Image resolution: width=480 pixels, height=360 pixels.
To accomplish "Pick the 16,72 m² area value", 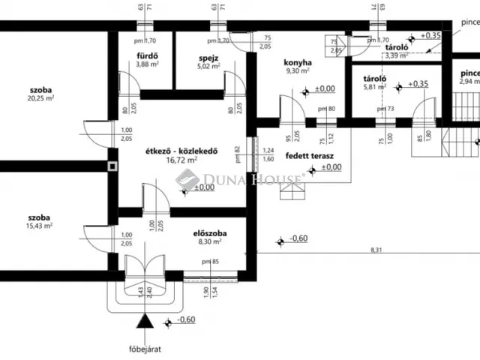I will [x=181, y=160].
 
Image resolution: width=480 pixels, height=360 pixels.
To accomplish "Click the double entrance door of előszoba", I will [x=145, y=269].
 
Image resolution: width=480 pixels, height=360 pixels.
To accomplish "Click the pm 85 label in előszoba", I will [x=211, y=261].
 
